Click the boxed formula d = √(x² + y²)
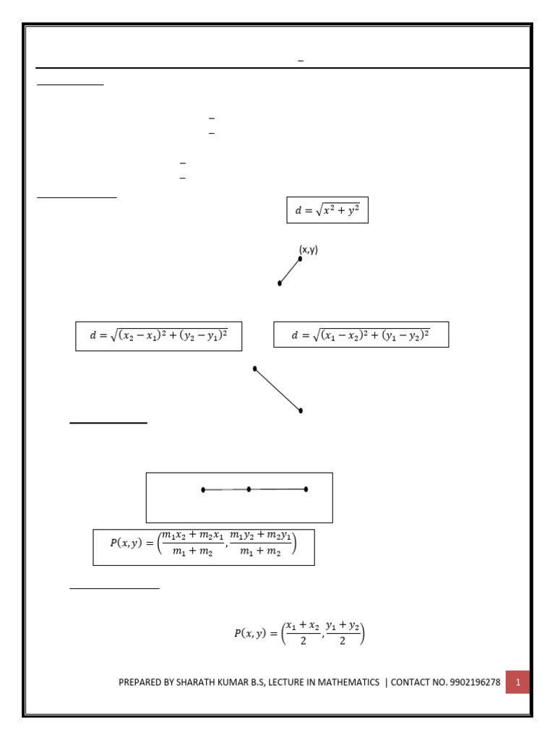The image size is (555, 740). tap(327, 210)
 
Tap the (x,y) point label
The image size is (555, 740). tap(309, 250)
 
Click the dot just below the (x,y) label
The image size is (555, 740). tap(300, 259)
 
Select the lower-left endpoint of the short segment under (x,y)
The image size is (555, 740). tap(280, 283)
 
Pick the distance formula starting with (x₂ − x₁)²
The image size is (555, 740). tap(159, 336)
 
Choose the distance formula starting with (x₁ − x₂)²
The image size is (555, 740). tap(361, 335)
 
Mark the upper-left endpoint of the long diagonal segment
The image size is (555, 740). tap(255, 369)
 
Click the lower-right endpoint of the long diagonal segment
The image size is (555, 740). tap(301, 410)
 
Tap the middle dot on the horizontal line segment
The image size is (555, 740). tap(249, 489)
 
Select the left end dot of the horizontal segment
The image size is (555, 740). tap(203, 490)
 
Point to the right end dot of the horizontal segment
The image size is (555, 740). tap(306, 489)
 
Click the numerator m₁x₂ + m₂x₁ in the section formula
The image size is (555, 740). tap(193, 535)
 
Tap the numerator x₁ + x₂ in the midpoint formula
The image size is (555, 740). tap(302, 625)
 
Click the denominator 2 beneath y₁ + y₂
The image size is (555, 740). tap(343, 641)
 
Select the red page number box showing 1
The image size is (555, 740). tap(517, 681)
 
